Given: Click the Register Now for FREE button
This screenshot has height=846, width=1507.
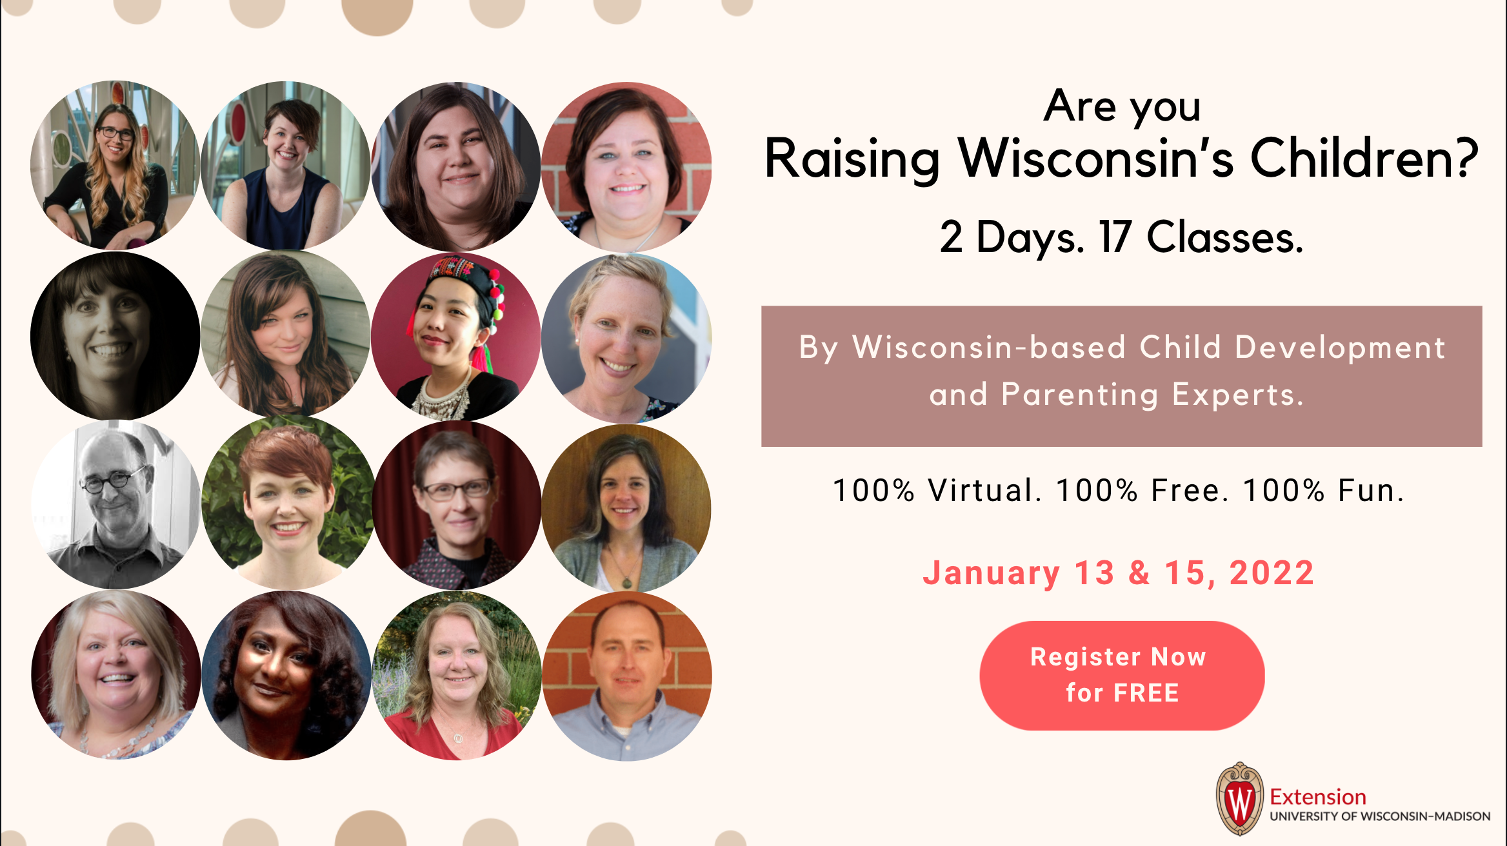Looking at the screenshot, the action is point(1122,675).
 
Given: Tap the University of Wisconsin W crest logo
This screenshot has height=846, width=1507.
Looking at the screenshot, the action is point(1239,799).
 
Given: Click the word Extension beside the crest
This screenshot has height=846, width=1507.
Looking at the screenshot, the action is point(1318,797).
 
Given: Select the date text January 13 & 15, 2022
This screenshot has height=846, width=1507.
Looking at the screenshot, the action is point(1119,573).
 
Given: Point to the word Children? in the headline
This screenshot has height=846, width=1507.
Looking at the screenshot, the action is point(1364,159).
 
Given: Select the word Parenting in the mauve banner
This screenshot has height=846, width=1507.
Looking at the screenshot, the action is point(1080,395).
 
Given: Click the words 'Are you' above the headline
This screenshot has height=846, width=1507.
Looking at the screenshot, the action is point(1122,106).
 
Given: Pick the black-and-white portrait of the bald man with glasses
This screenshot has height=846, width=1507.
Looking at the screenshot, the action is point(116,504).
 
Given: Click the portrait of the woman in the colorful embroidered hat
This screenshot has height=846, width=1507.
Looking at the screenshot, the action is point(457,336).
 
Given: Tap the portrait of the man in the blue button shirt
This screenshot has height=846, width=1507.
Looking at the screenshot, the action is point(627,676).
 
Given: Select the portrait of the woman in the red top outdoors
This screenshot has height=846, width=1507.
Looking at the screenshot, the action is point(457,676).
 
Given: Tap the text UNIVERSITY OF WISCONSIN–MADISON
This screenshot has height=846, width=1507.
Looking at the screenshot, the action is point(1380,816).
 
